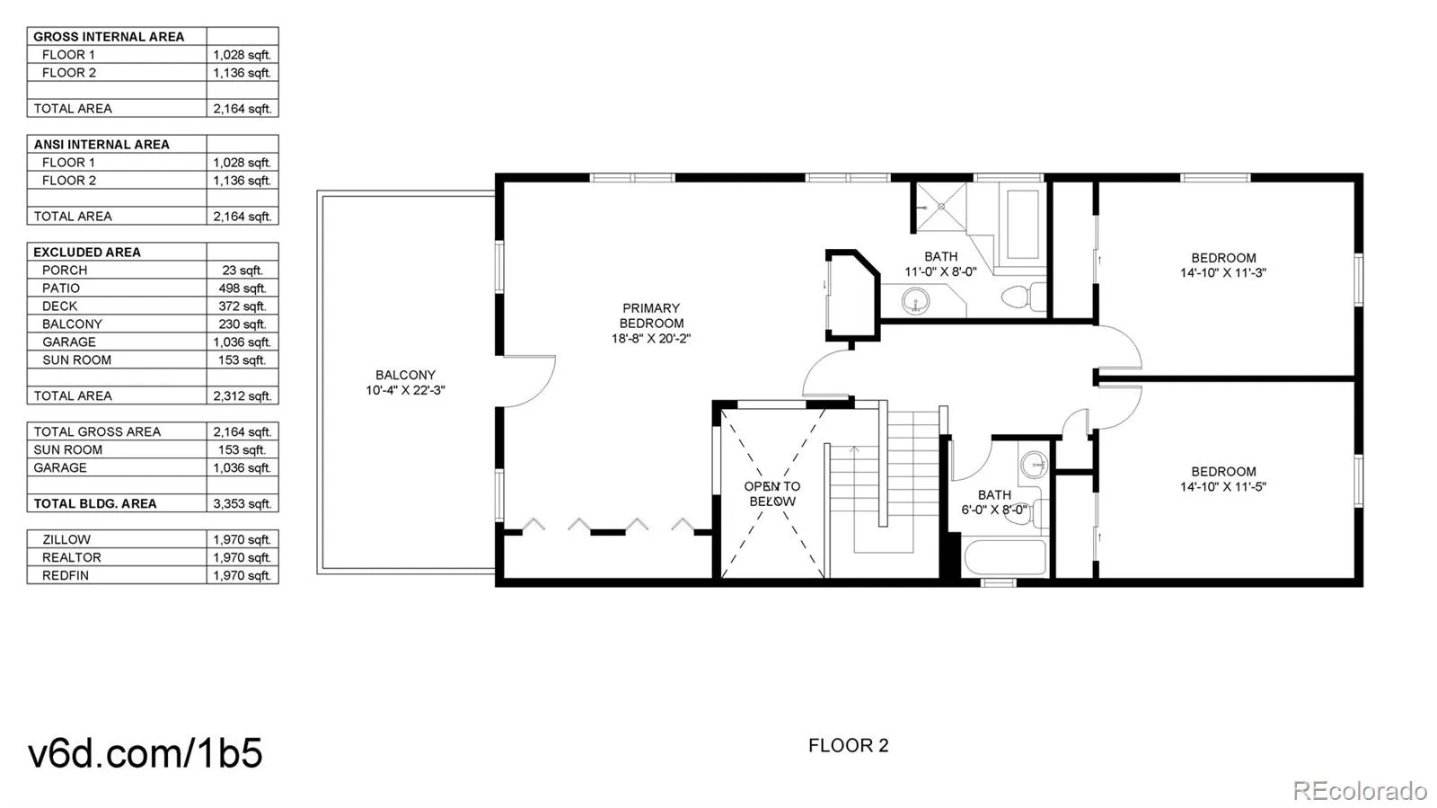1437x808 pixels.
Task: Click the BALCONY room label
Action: tap(405, 375)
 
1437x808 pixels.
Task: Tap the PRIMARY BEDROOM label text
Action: tap(651, 315)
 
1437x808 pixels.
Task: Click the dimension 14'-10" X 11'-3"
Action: tap(1222, 272)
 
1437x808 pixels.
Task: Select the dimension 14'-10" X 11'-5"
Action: tap(1222, 487)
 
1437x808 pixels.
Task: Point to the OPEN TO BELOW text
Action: tap(772, 493)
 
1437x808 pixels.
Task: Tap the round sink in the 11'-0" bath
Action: tap(915, 300)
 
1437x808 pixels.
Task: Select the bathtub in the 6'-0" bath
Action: tap(1004, 557)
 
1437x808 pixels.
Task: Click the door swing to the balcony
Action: tap(530, 382)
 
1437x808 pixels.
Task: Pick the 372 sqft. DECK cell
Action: tap(242, 306)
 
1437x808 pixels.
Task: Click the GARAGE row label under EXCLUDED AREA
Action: tap(68, 342)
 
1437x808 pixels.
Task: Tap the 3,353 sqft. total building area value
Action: tap(242, 504)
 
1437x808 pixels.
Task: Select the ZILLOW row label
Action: tap(66, 540)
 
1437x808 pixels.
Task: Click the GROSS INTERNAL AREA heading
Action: tap(109, 37)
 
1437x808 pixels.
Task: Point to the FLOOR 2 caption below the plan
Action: tap(848, 745)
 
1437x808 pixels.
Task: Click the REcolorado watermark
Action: tap(1359, 790)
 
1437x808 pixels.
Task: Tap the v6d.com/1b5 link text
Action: tap(145, 753)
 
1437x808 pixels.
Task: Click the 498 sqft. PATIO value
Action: tap(242, 289)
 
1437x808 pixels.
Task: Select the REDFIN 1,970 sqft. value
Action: tap(242, 576)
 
